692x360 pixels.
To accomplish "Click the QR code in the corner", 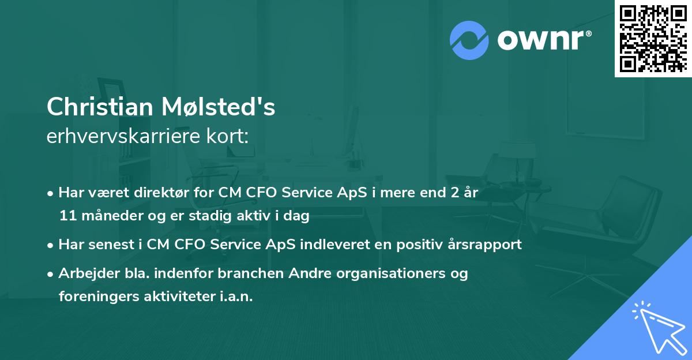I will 653,39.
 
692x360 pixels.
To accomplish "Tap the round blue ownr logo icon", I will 468,39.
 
